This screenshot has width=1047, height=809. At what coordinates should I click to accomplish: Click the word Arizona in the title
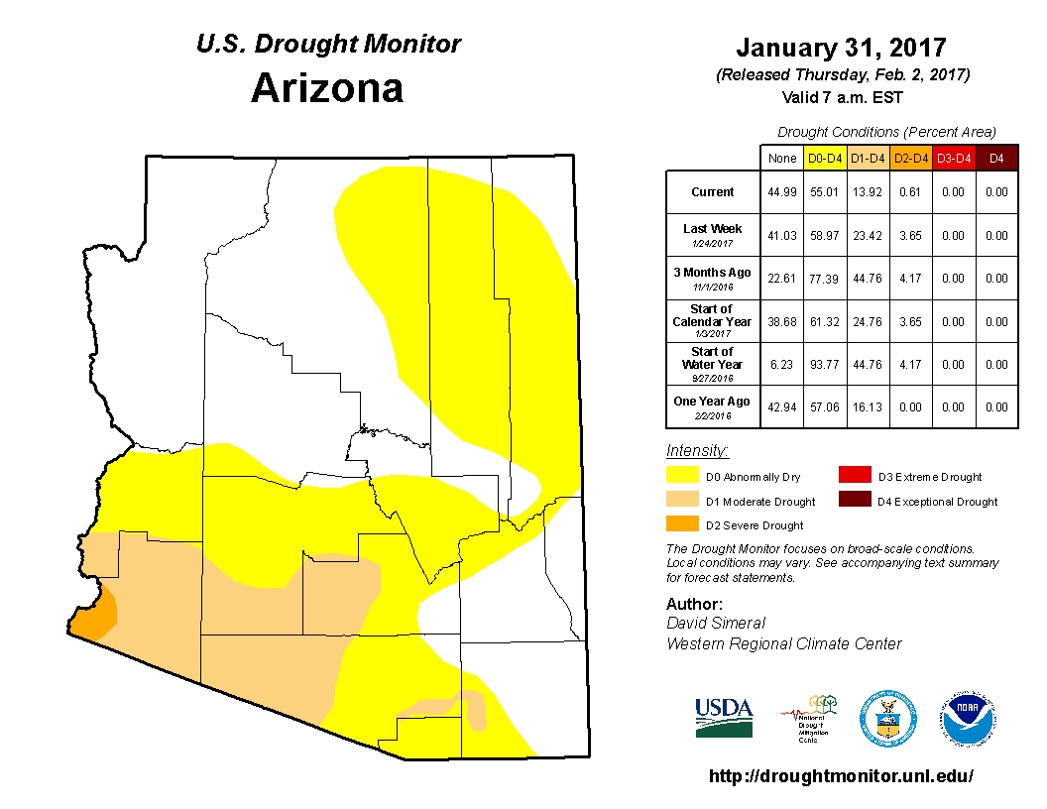(327, 88)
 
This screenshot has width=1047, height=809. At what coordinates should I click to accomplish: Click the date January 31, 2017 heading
(841, 48)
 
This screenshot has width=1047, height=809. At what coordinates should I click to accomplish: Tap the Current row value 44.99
(780, 192)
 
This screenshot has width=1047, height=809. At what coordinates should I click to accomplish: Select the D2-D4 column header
(909, 158)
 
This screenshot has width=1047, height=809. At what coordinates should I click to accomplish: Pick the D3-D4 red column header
(953, 158)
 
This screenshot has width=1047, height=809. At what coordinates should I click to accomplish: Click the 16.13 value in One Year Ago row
(867, 407)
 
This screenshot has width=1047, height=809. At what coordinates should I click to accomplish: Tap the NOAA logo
(969, 719)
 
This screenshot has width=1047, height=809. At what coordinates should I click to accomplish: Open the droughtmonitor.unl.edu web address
(841, 776)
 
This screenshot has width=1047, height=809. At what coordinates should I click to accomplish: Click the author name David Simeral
(716, 623)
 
